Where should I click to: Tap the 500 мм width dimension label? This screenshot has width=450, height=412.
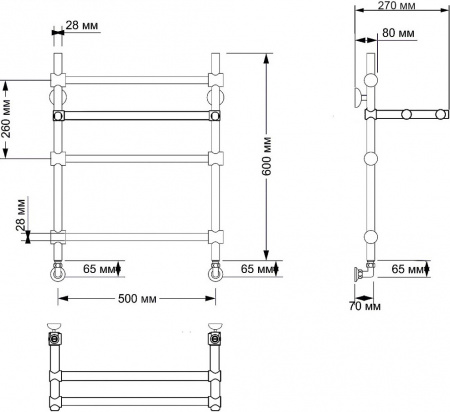tap(137, 297)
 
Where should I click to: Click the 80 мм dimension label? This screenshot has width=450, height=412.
tap(399, 34)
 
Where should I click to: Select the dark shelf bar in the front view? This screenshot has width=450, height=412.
tap(136, 116)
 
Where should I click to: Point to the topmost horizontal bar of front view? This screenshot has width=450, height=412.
tap(136, 78)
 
